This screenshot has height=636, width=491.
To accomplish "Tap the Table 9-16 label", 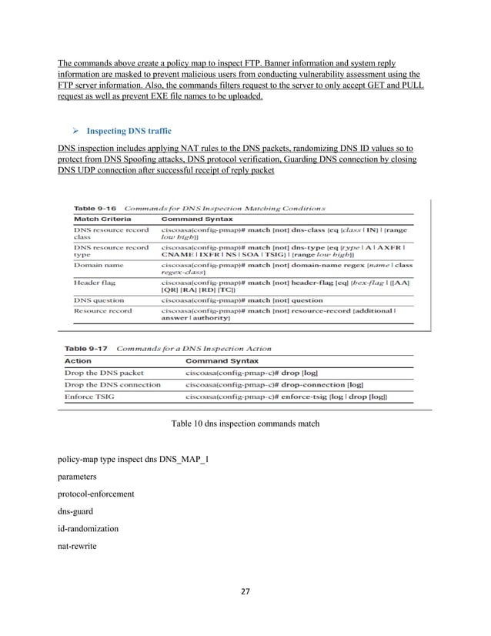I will coord(96,207).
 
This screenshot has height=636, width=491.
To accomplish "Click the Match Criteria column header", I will coord(102,218).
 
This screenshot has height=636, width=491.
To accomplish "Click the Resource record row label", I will coord(102,311).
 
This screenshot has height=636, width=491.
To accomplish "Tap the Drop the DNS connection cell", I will coord(112,384).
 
